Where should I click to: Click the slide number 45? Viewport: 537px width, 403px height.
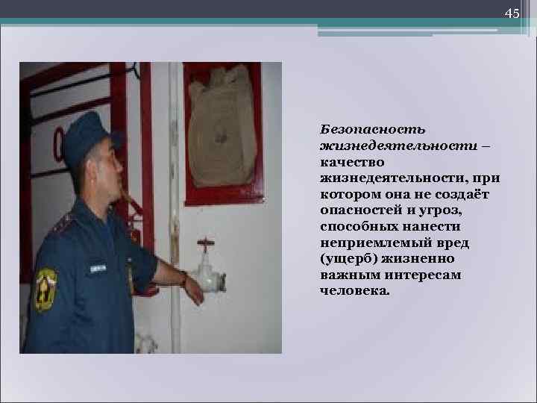coord(512,14)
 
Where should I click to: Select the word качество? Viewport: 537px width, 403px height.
coord(351,163)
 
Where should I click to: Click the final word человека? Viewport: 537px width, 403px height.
coord(354,291)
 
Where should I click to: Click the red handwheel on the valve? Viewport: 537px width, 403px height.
coord(205,243)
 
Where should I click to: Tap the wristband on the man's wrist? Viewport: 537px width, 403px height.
coord(183,279)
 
